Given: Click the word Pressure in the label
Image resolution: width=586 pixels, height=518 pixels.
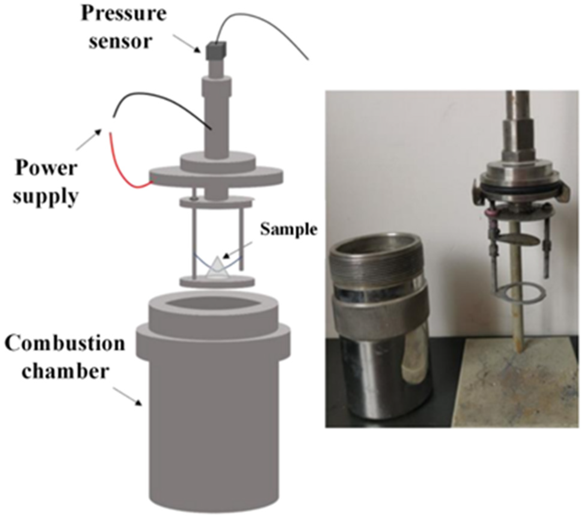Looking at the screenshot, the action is (123, 14).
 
